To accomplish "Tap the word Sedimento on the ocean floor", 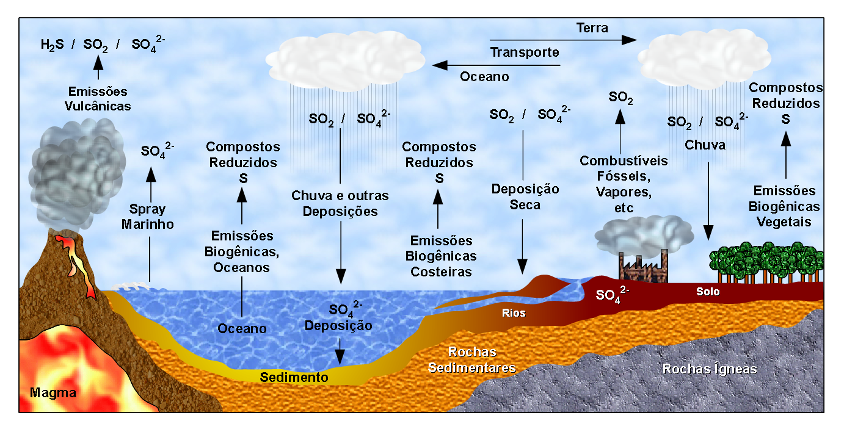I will click(294, 377).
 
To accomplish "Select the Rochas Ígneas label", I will click(710, 369).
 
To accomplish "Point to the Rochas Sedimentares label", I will click(472, 360).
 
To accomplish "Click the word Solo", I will click(708, 292).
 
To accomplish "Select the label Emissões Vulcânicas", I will click(98, 98).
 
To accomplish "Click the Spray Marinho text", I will click(148, 217).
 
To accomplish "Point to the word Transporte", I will click(525, 52).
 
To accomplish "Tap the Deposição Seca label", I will click(525, 197).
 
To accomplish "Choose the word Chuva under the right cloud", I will click(705, 145).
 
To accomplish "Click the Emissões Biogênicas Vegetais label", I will click(784, 206).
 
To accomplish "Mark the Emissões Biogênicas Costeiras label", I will click(441, 256).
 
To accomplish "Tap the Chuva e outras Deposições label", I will click(340, 204).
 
